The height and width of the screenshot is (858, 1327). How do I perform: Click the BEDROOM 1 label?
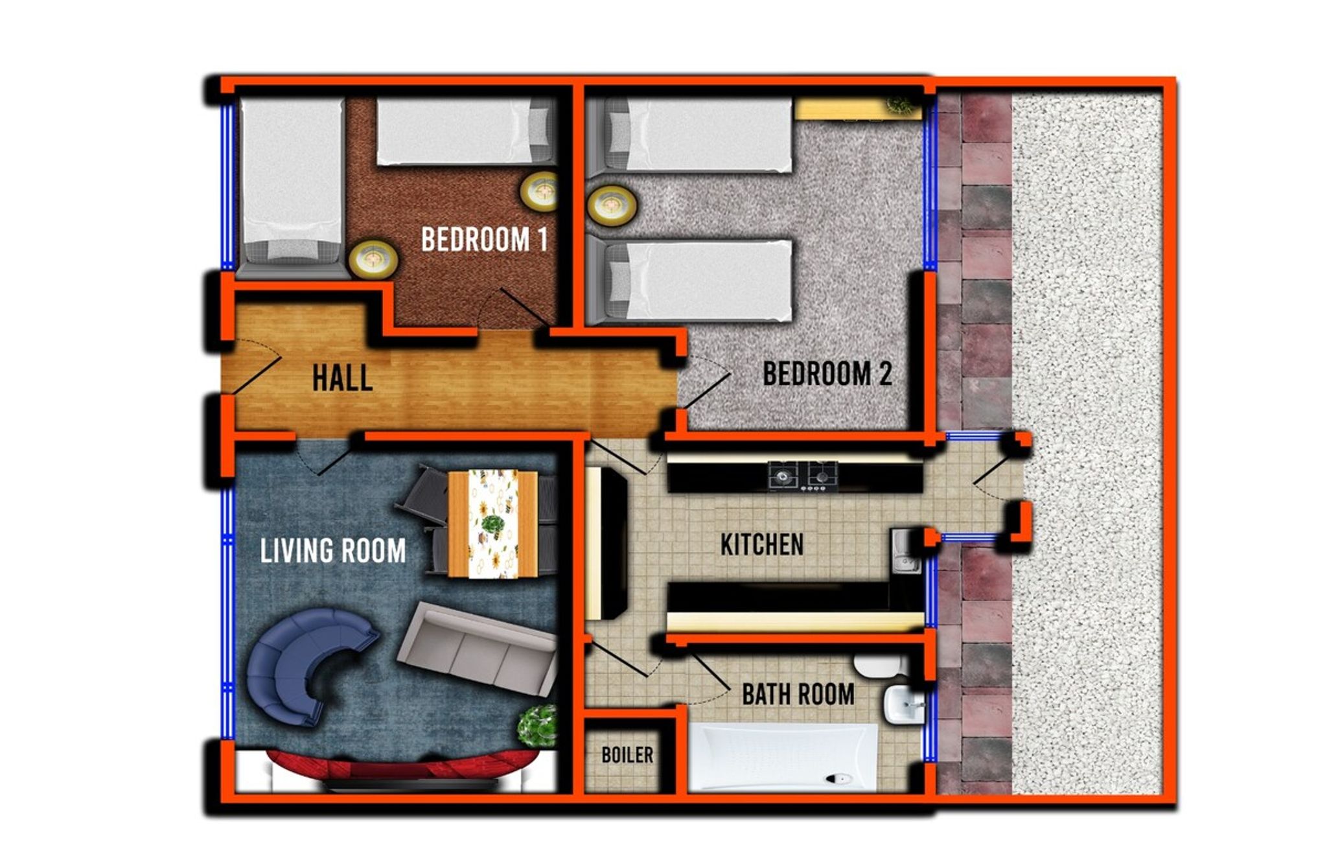pos(485,239)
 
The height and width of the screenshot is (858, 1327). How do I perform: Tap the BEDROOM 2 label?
pos(827,373)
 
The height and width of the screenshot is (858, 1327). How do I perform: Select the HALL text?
pos(342,378)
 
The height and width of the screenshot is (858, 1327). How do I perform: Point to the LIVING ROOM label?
pos(333,551)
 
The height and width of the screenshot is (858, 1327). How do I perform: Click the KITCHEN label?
pos(762,544)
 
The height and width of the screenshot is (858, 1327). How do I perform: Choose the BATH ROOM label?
pos(798,694)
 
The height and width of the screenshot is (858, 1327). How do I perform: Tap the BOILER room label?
pos(627,754)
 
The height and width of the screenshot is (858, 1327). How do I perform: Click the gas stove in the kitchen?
pos(803,476)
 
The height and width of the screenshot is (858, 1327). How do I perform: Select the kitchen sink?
pos(906,551)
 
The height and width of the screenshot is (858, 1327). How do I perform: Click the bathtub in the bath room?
pos(783,757)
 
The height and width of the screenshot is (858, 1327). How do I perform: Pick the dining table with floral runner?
pos(493,524)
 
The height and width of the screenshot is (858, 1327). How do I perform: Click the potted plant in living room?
pos(537,726)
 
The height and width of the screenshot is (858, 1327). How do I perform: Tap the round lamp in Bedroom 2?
pos(611,205)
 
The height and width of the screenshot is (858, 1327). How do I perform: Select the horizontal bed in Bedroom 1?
pos(465,132)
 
